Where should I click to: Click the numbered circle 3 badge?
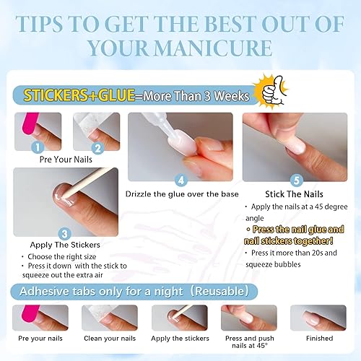coord(64,232)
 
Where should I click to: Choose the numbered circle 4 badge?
coord(181,180)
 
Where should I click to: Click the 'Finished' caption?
coord(319,338)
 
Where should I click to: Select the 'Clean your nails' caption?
coord(110,338)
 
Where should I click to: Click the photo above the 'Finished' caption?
coord(318,317)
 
